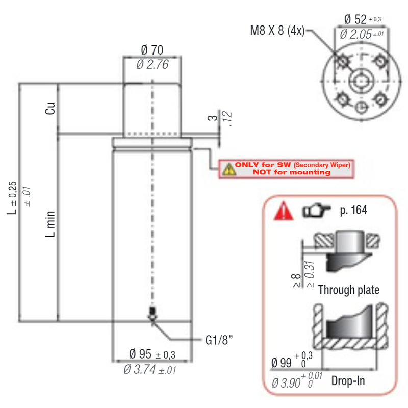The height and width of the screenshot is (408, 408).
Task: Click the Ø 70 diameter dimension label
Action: click(x=152, y=49)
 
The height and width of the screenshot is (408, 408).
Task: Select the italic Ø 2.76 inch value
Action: click(x=152, y=64)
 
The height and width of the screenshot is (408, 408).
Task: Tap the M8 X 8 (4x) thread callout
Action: click(x=277, y=31)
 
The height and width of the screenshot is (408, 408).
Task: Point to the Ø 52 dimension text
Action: click(x=355, y=19)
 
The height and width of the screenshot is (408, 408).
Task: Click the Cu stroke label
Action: click(x=50, y=108)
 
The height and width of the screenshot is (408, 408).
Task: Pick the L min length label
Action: click(x=50, y=224)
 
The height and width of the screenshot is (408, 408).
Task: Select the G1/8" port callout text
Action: click(x=219, y=340)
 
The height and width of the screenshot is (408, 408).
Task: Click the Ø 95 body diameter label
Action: click(x=140, y=354)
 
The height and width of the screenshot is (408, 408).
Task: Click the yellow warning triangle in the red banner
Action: click(x=229, y=169)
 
